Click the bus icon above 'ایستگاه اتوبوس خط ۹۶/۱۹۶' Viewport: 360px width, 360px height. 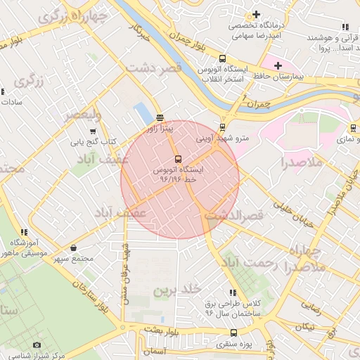177,159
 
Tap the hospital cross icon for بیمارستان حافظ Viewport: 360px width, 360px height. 278,65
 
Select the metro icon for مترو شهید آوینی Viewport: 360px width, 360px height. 222,127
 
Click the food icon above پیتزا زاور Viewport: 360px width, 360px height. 160,118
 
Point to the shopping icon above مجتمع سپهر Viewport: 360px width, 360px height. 74,247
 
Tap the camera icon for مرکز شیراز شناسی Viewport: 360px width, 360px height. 37,345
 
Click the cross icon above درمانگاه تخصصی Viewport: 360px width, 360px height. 256,14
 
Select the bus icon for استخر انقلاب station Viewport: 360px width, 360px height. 222,59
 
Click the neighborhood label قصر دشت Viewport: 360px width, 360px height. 154,67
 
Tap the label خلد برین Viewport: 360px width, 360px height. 178,289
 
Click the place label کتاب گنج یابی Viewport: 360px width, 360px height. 92,141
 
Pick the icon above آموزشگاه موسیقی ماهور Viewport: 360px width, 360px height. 24,232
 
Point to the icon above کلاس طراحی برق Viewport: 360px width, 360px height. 232,292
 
